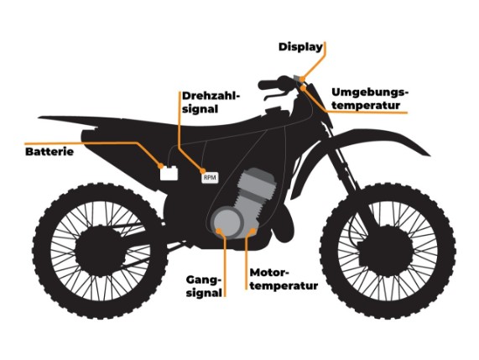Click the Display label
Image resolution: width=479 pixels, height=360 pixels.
pyautogui.click(x=300, y=47)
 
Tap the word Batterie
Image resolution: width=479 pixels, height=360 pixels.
pyautogui.click(x=49, y=152)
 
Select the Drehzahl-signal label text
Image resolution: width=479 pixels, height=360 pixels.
pyautogui.click(x=210, y=102)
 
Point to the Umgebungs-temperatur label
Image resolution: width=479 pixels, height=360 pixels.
pyautogui.click(x=370, y=98)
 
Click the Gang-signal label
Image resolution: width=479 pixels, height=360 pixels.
pyautogui.click(x=204, y=286)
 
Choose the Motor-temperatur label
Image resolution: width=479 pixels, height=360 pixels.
pyautogui.click(x=284, y=279)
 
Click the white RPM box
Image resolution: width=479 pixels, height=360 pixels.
pyautogui.click(x=210, y=178)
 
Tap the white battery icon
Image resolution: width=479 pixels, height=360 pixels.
pyautogui.click(x=169, y=173)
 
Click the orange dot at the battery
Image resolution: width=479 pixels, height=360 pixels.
pyautogui.click(x=161, y=166)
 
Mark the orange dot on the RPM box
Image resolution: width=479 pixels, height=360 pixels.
pyautogui.click(x=203, y=171)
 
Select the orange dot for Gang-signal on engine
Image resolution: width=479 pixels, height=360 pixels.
pyautogui.click(x=219, y=231)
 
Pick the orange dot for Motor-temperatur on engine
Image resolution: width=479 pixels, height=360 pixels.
pyautogui.click(x=253, y=230)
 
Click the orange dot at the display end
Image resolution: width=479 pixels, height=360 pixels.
pyautogui.click(x=302, y=80)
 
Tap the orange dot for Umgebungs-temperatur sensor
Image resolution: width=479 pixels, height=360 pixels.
pyautogui.click(x=303, y=88)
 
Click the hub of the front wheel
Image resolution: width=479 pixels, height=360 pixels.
pyautogui.click(x=386, y=251)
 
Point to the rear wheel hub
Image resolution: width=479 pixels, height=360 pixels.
pyautogui.click(x=101, y=251)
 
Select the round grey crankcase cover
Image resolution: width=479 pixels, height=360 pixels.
pyautogui.click(x=228, y=222)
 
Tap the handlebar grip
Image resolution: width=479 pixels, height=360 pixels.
pyautogui.click(x=268, y=85)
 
